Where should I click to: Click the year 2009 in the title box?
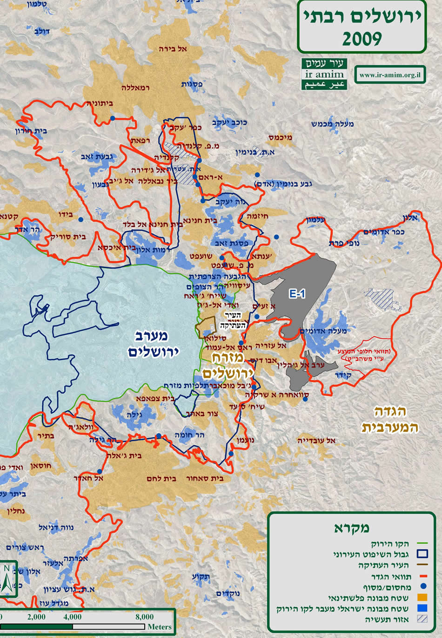(362, 39)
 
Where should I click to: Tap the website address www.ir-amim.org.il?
(390, 75)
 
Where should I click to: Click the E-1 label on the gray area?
(297, 294)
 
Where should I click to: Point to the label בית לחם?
(160, 479)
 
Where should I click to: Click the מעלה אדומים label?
(324, 331)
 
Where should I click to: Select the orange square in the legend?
(422, 597)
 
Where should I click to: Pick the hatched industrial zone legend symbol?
(422, 619)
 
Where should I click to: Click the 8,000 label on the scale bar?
(144, 617)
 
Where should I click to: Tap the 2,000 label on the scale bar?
(36, 617)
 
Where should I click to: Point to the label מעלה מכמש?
(333, 124)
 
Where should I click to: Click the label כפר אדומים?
(384, 232)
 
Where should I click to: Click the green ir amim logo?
(324, 75)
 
